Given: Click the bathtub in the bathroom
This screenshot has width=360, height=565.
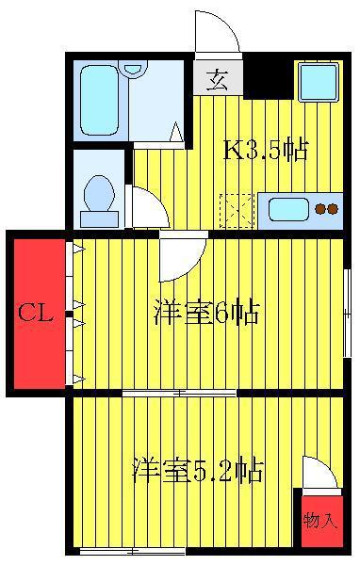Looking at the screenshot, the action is click(x=99, y=100).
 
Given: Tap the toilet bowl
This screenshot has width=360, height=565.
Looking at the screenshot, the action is click(x=99, y=193).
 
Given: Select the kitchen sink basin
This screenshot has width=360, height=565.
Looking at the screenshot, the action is click(x=288, y=209).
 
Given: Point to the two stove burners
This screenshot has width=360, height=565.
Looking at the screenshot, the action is click(x=326, y=209).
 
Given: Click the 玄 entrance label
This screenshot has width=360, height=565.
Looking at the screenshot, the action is click(x=217, y=80).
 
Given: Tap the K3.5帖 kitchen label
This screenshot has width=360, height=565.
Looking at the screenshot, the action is click(x=266, y=151).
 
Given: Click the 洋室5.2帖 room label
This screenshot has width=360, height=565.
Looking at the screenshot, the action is click(x=197, y=470).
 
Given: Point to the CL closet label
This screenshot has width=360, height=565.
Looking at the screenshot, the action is click(x=36, y=313).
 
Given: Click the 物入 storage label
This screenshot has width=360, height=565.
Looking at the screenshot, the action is click(x=320, y=520).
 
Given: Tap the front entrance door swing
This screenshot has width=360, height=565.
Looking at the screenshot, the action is click(x=217, y=32).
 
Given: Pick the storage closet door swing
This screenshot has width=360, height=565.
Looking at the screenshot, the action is click(x=319, y=473).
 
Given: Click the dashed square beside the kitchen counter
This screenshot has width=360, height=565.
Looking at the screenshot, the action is click(x=237, y=211).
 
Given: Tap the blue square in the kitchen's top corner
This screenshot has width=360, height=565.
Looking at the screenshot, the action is click(x=319, y=83).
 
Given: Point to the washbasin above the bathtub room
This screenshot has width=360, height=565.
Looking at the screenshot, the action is click(x=133, y=68).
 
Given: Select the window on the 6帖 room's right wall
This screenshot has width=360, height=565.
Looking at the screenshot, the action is click(x=347, y=313).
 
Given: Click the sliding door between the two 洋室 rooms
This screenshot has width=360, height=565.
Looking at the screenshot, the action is click(x=179, y=393).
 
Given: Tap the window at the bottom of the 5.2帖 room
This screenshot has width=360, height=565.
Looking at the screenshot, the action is click(x=132, y=551).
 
